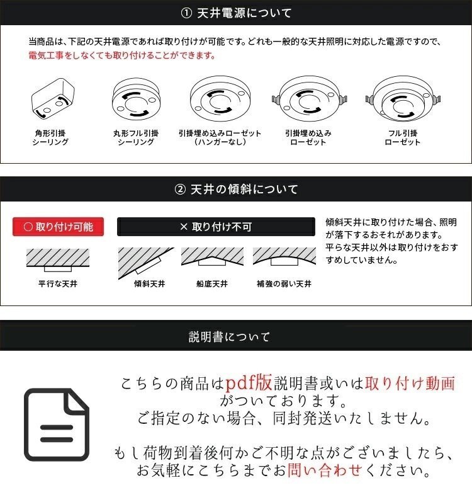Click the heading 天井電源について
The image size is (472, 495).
[x=236, y=13]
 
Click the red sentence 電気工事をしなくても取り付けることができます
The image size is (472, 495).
[x=122, y=55]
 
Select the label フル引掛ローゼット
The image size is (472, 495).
[x=402, y=138]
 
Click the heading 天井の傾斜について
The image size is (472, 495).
[x=236, y=189]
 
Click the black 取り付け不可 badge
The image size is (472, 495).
[x=216, y=227]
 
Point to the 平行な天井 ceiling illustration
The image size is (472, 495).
[x=58, y=258]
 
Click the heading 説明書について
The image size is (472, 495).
[x=236, y=336]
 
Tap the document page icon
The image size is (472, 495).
[x=57, y=424]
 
